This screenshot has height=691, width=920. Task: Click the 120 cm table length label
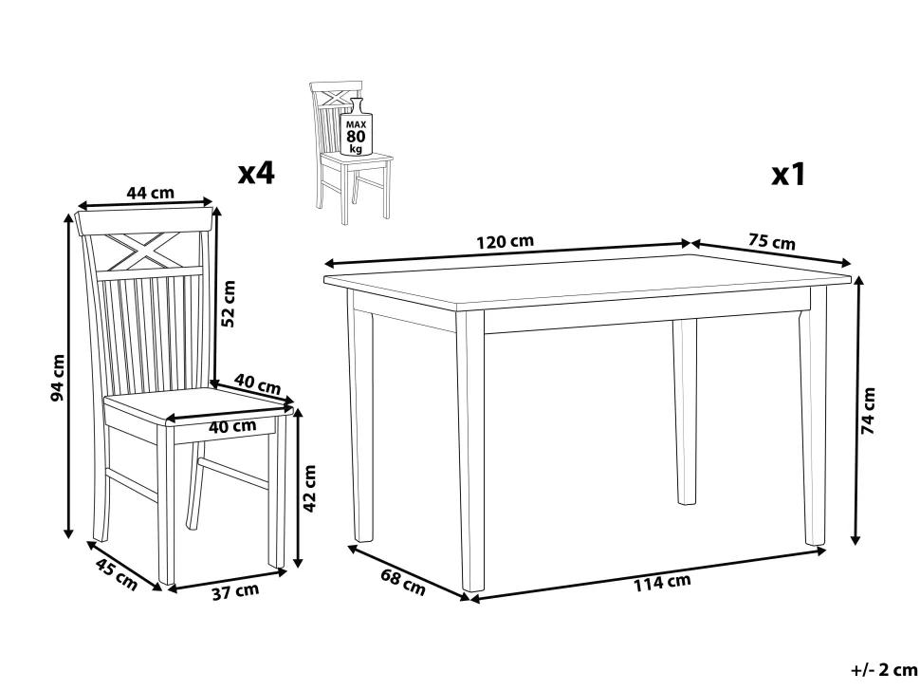pos(505,241)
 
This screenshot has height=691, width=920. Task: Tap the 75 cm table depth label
pos(771,241)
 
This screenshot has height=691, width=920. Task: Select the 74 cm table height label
pos(868,410)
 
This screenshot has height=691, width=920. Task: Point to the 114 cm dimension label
pos(662,583)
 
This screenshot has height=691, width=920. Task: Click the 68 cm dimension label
pos(403,582)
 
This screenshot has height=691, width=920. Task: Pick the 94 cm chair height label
pos(58,378)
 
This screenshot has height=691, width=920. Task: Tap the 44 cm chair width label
pos(151,192)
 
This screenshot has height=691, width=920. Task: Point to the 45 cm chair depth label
pos(116,575)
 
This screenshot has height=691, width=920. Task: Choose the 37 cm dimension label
pos(235,591)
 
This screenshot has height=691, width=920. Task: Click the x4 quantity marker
pos(256,173)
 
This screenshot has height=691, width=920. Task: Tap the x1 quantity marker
pos(789,175)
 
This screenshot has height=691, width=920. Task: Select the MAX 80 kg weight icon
pos(356,129)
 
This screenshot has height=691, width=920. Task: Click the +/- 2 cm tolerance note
pos(884,669)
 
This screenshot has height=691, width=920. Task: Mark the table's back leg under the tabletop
pos(685,412)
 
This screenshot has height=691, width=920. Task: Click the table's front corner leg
pos(471,451)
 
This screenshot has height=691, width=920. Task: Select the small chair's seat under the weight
pos(358,159)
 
